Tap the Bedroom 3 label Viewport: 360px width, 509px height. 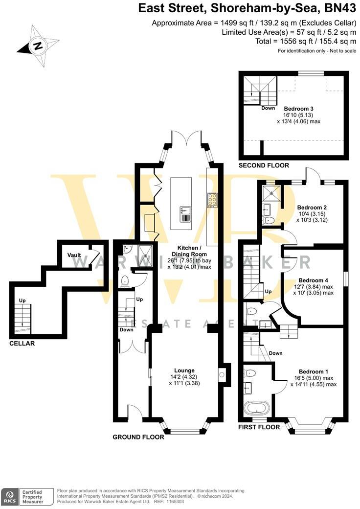tap(298, 109)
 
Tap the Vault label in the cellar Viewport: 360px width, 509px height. tap(74, 255)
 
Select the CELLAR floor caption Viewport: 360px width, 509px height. tap(22, 344)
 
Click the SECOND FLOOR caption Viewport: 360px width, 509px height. tap(264, 166)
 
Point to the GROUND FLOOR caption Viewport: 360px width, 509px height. tap(138, 437)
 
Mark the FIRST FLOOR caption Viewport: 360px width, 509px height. tap(259, 427)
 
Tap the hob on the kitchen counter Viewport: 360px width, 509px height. tap(213, 201)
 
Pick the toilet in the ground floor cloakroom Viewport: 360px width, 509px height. tap(125, 281)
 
